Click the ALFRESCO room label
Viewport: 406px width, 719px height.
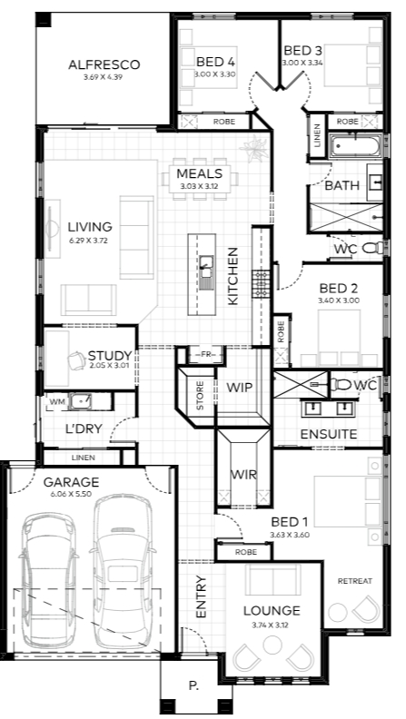tap(104, 64)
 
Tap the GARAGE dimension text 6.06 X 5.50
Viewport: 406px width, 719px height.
tap(71, 494)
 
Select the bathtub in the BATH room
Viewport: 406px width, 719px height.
tap(355, 146)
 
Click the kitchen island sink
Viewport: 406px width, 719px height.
tap(206, 267)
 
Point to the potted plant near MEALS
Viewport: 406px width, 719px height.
tap(254, 147)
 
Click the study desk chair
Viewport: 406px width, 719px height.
tap(76, 360)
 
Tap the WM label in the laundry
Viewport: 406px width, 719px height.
tap(57, 402)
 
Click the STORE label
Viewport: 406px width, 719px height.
tap(200, 395)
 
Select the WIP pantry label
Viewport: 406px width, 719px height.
tap(240, 388)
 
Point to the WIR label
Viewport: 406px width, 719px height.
tap(243, 475)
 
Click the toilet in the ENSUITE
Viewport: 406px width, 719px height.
tap(340, 384)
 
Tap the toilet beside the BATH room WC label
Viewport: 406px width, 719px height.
tap(373, 249)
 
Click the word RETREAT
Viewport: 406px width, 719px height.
tap(354, 581)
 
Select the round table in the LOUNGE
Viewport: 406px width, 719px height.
tap(272, 645)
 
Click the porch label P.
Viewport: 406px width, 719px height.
tap(193, 686)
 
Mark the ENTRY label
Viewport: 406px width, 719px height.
tap(202, 596)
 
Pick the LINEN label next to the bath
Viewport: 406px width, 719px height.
tap(317, 136)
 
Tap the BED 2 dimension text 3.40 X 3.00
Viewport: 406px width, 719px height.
tap(339, 300)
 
